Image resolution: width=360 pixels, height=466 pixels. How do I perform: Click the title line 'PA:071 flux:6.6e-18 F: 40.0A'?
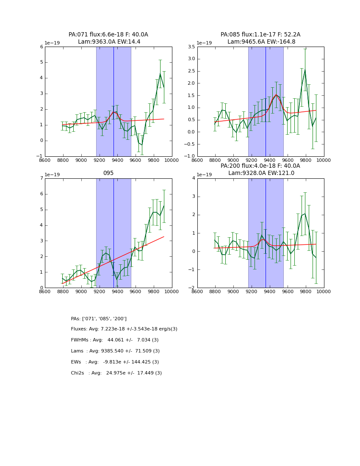coord(108,35)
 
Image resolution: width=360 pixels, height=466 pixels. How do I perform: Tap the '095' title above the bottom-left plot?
coord(108,173)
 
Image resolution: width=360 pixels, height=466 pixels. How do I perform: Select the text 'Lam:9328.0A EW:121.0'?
coord(260,173)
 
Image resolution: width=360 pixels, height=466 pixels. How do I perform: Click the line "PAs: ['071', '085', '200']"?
coord(99,319)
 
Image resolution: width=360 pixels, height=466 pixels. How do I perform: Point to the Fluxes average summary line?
coord(124,329)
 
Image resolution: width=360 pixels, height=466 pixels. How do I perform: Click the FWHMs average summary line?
coord(115,340)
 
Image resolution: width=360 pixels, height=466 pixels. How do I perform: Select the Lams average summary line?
coord(115,351)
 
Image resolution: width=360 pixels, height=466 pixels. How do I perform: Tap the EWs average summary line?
coord(115,362)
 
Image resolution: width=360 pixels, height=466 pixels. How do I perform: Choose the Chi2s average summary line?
coord(116,373)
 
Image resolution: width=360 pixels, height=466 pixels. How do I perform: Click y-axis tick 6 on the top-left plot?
coord(42,47)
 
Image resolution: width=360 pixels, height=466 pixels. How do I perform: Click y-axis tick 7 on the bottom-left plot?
coord(42,178)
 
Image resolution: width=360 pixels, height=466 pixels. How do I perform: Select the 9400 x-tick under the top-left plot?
coord(117,160)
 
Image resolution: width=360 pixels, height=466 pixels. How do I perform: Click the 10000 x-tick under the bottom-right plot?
coord(324,291)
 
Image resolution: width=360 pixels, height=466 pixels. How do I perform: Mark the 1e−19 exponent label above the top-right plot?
coord(205,43)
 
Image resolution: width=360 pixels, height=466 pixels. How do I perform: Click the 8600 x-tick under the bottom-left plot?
coord(45,291)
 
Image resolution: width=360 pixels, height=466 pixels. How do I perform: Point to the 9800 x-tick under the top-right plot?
coord(306,160)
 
